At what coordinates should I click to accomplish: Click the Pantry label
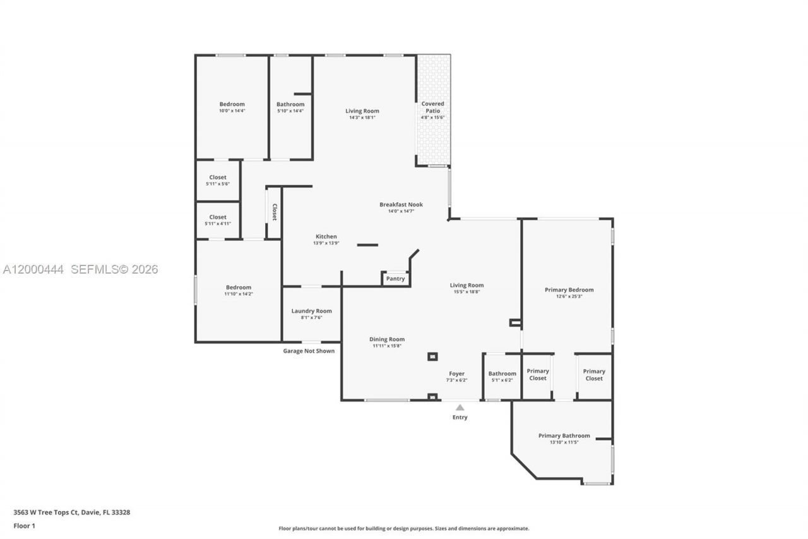(x=395, y=279)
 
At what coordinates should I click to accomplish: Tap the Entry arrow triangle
(x=460, y=408)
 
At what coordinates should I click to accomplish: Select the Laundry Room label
(x=311, y=311)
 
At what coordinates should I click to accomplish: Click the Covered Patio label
(x=433, y=107)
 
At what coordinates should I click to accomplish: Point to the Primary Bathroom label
(x=564, y=435)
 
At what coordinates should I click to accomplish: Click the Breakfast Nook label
(x=401, y=205)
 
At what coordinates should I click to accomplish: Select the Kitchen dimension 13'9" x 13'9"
(x=326, y=243)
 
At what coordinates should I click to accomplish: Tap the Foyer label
(x=456, y=373)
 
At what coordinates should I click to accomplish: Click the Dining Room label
(x=387, y=339)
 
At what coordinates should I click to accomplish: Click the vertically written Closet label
(x=275, y=212)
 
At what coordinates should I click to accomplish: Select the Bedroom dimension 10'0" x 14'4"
(x=232, y=111)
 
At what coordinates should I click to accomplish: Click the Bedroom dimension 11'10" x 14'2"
(x=238, y=294)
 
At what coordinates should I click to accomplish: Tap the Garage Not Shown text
(x=309, y=351)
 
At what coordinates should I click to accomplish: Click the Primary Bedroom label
(x=569, y=290)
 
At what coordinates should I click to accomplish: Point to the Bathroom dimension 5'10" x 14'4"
(x=290, y=111)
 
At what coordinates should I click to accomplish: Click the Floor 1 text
(x=25, y=525)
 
